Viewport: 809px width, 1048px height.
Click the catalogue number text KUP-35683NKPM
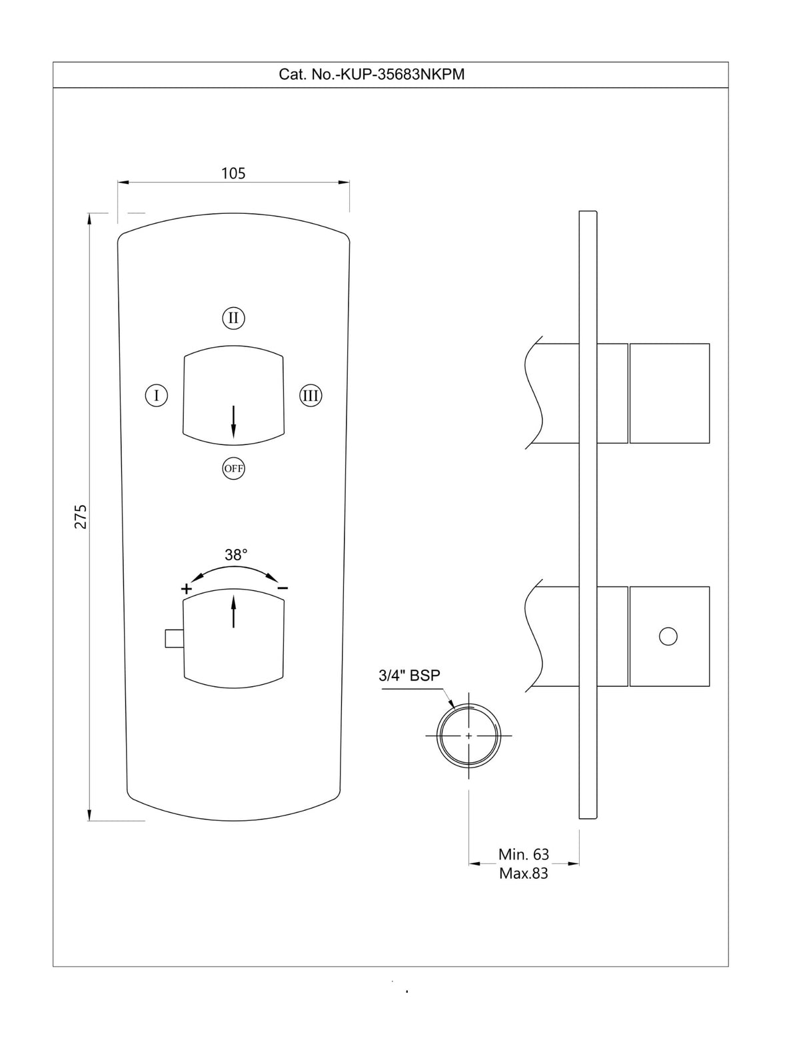point(371,75)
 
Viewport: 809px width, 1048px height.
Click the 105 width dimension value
point(233,173)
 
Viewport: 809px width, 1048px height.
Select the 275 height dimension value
point(81,516)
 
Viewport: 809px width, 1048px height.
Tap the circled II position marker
point(233,318)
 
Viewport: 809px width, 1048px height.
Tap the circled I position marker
point(156,396)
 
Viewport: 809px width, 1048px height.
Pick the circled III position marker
point(311,396)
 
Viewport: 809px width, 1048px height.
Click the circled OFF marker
point(233,468)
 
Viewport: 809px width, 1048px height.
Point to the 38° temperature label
point(236,554)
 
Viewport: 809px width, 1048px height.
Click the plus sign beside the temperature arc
point(187,589)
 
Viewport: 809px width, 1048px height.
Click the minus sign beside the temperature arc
point(283,588)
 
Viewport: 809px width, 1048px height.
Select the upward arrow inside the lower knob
point(233,612)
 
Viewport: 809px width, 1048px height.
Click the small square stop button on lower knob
point(173,638)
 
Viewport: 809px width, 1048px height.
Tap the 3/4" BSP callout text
point(409,675)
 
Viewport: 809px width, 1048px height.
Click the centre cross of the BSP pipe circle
point(468,736)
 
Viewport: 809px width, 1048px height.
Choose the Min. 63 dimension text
point(523,854)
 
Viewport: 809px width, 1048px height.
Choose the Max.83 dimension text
point(523,873)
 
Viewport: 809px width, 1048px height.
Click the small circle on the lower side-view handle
point(668,636)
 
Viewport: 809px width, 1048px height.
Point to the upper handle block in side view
point(669,393)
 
